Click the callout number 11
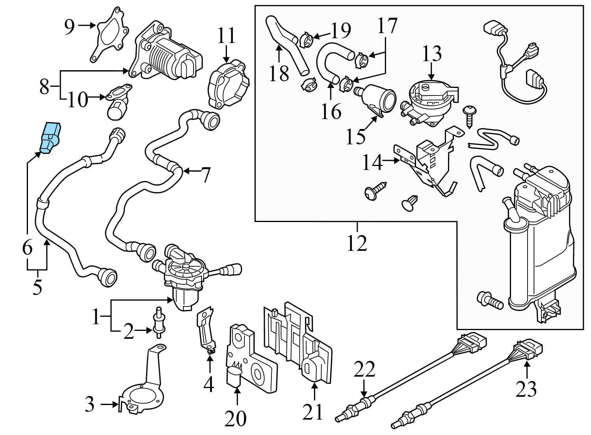pos(226,35)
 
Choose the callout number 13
pos(432,54)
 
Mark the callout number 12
pos(357,243)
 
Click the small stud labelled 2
pos(159,322)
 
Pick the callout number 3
pos(90,404)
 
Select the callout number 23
pos(526,388)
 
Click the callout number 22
pos(364,370)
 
